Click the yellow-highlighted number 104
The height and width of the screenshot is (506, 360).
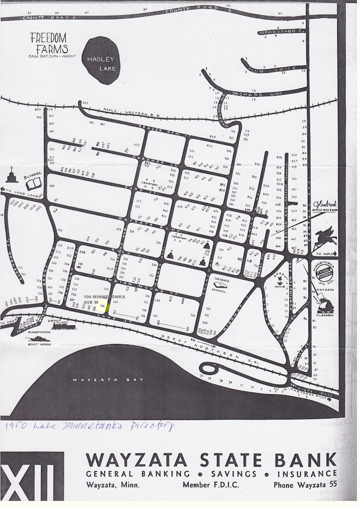tap(103, 306)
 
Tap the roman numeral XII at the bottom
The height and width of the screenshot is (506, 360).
tap(32, 478)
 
